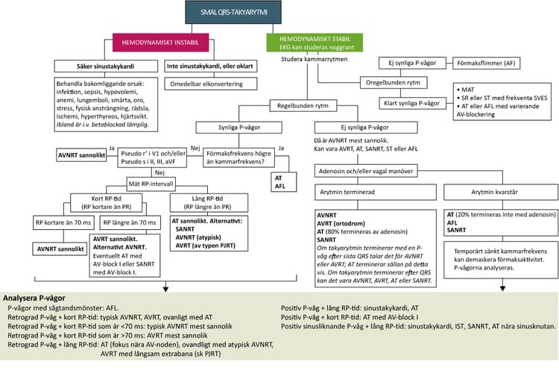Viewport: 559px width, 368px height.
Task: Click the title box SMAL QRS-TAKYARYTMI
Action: [233, 12]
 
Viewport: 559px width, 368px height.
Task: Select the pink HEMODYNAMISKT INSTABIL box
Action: [160, 43]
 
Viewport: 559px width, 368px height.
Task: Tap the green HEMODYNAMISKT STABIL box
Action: [315, 43]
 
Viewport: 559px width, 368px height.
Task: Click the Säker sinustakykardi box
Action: [106, 66]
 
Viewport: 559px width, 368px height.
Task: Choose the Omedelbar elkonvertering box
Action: [211, 84]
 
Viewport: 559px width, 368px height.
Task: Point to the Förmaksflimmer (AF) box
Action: [486, 63]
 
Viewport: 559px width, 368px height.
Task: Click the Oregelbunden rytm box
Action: [394, 82]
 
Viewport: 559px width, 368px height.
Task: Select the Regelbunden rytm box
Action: [303, 106]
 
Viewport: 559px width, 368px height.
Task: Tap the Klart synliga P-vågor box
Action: [412, 104]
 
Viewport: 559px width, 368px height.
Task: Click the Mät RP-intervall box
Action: [151, 184]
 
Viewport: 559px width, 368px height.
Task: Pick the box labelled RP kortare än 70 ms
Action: [63, 222]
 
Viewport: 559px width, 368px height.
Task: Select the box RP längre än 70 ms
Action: [130, 222]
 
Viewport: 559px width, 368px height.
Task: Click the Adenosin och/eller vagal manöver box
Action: [366, 171]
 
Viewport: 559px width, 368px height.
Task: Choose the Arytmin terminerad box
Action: [376, 192]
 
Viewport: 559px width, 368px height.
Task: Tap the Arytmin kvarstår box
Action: [501, 192]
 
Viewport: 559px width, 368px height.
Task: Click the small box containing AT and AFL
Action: [284, 181]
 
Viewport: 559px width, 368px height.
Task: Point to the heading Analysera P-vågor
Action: [34, 298]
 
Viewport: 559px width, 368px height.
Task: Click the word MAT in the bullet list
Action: [468, 90]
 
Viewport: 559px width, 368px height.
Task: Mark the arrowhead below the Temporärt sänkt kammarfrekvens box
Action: [502, 288]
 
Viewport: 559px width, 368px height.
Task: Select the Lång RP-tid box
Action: [209, 203]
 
